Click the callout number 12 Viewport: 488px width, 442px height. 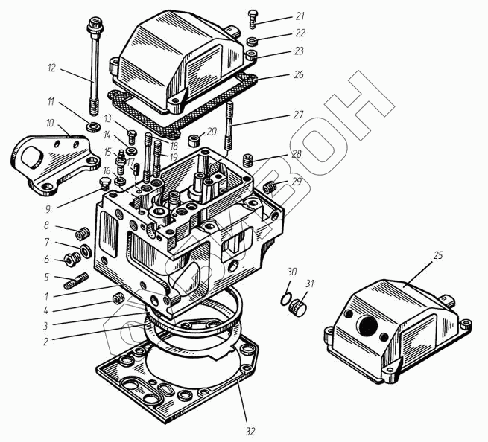pos(51,68)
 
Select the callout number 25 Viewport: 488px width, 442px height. pos(438,255)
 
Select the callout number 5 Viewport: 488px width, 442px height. pos(45,277)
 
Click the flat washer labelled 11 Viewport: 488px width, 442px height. pos(93,127)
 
